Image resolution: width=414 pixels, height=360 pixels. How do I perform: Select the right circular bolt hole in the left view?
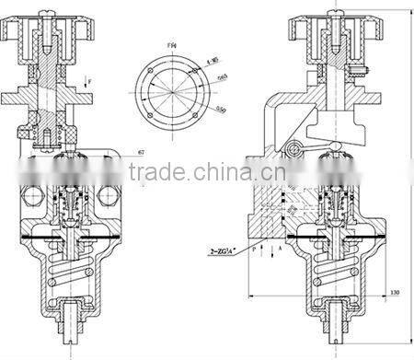[x=108, y=195]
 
